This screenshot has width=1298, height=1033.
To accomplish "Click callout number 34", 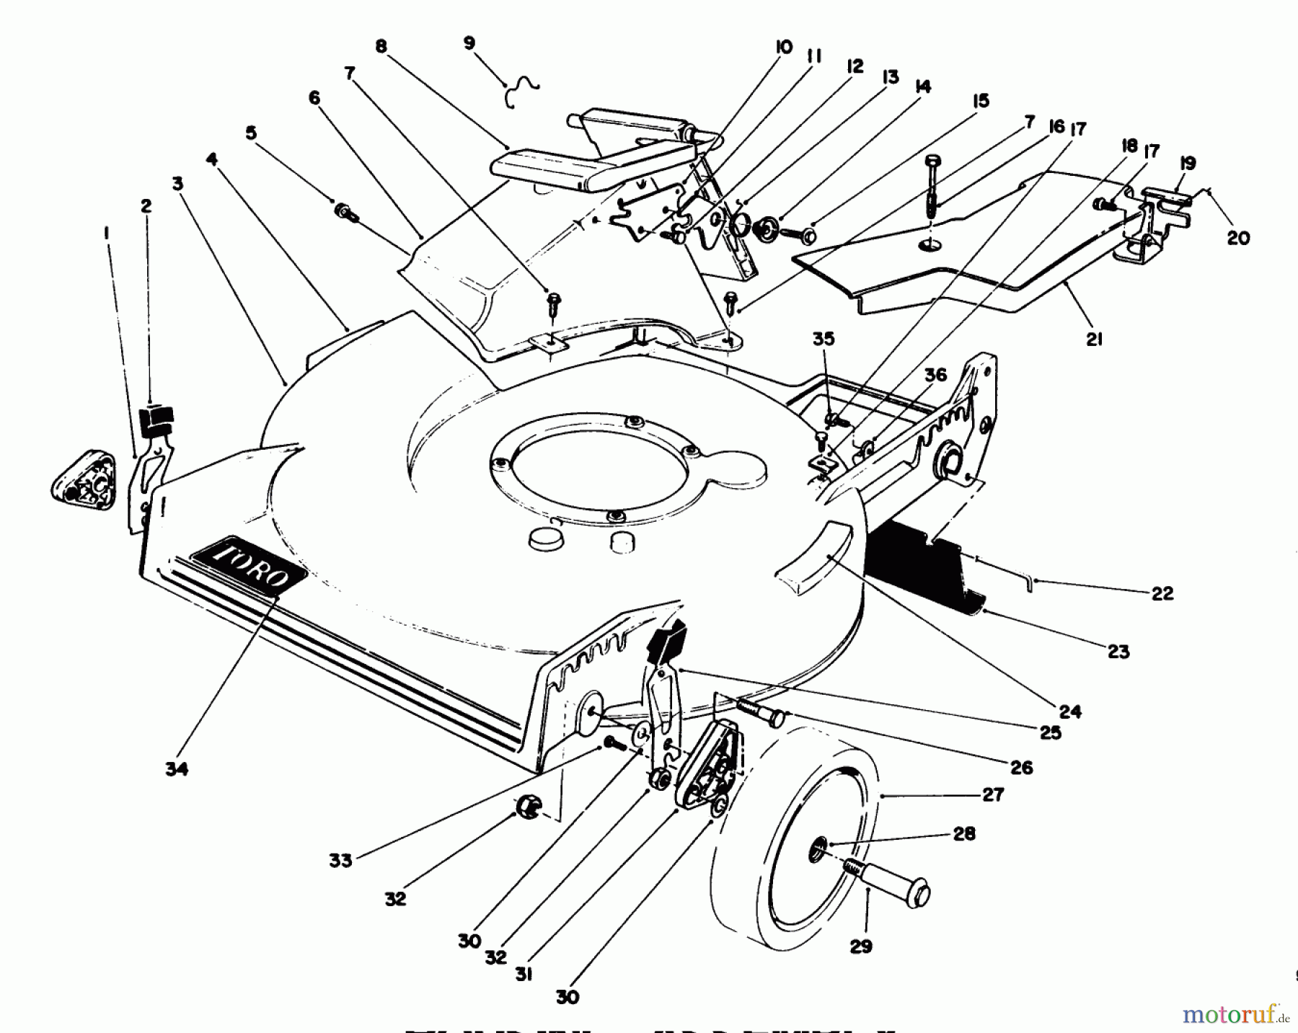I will click(x=177, y=769).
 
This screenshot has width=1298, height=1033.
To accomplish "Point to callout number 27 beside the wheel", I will click(x=993, y=794).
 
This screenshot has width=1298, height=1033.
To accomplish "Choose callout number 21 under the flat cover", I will click(x=1094, y=340).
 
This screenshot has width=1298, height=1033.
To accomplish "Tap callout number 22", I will click(x=1162, y=593).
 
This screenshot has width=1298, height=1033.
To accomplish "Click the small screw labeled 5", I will click(x=344, y=212).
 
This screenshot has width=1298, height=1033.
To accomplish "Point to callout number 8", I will click(x=381, y=47).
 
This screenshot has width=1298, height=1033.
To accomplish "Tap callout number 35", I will click(x=824, y=339).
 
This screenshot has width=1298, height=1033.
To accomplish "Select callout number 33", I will click(x=340, y=860).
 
